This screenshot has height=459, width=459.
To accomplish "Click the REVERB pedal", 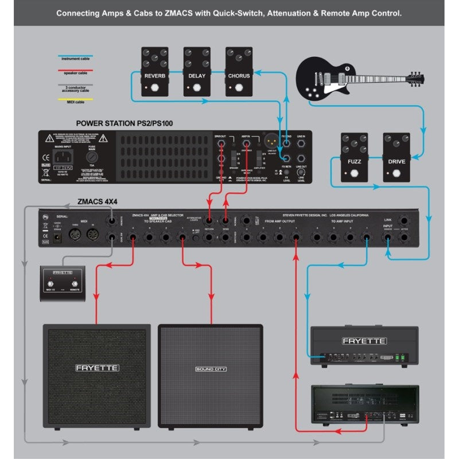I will click(154, 72).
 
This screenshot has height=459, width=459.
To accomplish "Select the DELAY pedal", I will click(197, 72).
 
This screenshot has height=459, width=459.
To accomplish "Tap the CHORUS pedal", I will click(239, 72).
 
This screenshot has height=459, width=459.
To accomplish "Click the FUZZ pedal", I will click(354, 158).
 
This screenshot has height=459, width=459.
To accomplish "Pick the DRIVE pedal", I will click(396, 158).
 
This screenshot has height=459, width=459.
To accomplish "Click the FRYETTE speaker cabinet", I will click(96, 376).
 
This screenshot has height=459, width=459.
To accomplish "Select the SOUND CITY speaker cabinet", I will click(211, 376).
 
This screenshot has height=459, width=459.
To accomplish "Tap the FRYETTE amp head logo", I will click(364, 341).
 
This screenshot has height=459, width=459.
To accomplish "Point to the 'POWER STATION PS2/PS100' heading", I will click(124, 123).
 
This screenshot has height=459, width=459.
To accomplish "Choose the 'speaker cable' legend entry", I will click(75, 73).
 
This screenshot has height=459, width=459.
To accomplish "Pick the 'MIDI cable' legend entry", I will click(75, 102).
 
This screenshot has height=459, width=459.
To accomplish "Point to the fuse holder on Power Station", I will click(91, 156).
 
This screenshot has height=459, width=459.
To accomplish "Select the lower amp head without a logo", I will click(364, 405).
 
